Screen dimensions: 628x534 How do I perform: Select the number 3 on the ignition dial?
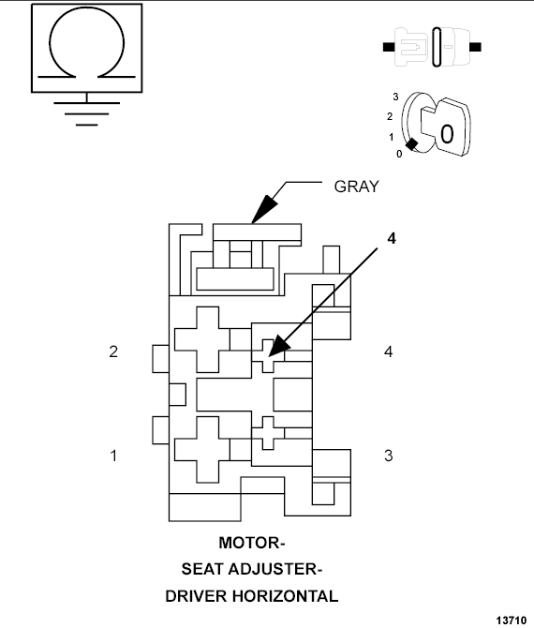click(395, 97)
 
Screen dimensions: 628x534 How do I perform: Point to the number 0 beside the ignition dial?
click(400, 154)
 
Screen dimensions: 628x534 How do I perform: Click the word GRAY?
click(357, 186)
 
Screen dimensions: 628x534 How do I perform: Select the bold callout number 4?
click(392, 238)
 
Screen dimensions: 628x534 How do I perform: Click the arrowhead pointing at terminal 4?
click(273, 353)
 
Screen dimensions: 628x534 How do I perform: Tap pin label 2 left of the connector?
click(113, 352)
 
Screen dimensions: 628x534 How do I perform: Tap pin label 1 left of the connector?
click(113, 456)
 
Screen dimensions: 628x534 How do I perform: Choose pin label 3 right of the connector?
click(388, 456)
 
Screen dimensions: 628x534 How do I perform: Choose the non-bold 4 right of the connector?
click(388, 352)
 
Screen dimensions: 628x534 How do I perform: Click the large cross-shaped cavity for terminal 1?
click(208, 449)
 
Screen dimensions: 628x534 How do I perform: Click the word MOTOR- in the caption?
click(251, 543)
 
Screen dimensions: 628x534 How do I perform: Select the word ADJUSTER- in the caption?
click(282, 569)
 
